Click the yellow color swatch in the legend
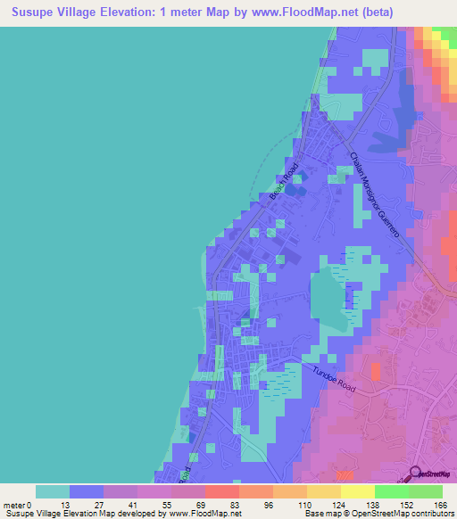(357, 491)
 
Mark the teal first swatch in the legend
(53, 491)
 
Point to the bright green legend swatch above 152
(391, 491)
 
